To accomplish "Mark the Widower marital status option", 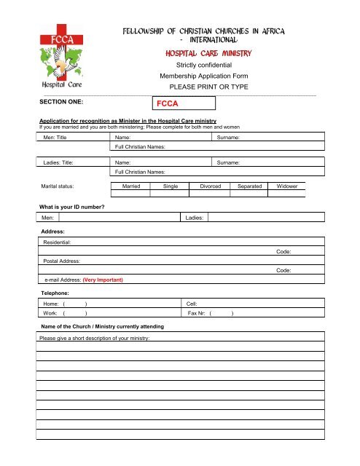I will (291, 187).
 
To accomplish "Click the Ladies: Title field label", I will (62, 163).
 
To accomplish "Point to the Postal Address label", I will (61, 261).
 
